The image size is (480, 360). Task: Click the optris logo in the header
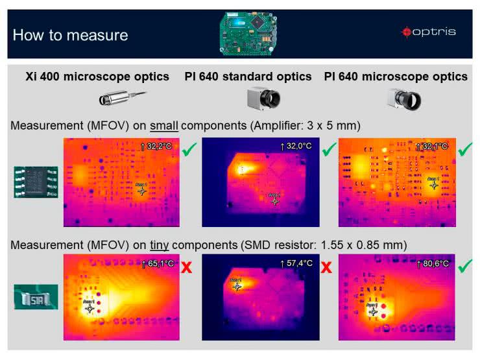point(429,31)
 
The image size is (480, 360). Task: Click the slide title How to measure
point(70,35)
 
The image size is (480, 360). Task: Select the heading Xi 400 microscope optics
point(97,77)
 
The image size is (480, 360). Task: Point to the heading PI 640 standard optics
point(257,77)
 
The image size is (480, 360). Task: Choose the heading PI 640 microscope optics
point(396,77)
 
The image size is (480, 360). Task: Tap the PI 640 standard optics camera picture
point(263,99)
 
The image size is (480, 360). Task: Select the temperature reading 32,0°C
point(296,147)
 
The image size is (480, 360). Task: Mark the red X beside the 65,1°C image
point(187,267)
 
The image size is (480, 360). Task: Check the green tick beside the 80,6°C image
point(464,265)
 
